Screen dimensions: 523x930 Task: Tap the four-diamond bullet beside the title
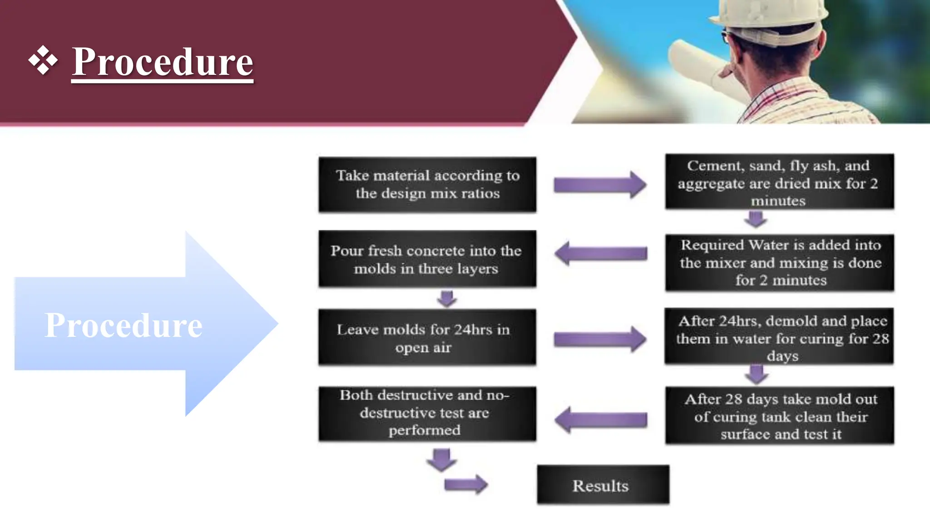coord(43,60)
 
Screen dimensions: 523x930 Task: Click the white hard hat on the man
coord(772,18)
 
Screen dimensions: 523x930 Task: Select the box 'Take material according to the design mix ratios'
coord(427,184)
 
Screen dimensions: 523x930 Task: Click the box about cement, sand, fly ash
coord(779,183)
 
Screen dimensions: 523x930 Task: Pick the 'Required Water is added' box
coord(779,262)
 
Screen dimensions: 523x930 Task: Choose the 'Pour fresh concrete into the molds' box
coord(427,259)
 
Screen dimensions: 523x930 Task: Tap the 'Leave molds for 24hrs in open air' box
coord(427,338)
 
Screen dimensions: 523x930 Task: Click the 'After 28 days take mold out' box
coord(779,416)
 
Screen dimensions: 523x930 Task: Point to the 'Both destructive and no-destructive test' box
coord(427,413)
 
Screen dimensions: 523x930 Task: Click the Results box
coord(603,485)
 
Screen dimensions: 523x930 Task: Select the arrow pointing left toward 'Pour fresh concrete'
coord(600,253)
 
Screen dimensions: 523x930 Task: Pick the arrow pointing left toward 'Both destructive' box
coord(600,419)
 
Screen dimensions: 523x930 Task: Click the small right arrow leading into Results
coord(465,484)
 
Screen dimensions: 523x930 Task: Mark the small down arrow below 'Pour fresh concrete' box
coord(447,298)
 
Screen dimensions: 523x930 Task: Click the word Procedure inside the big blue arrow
coord(123,325)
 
